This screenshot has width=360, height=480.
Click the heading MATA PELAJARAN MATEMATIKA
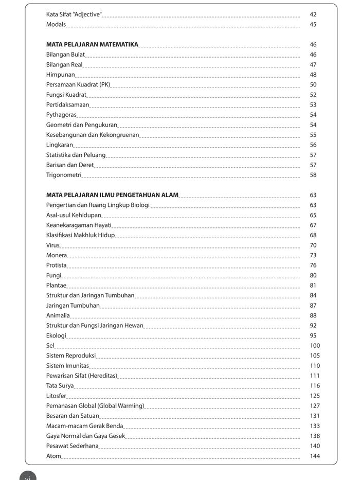click(x=92, y=45)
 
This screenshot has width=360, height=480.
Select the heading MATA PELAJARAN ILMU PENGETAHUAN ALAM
click(x=112, y=195)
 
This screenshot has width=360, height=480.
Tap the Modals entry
click(x=56, y=25)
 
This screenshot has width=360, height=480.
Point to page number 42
click(x=313, y=14)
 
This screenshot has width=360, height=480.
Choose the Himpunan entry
click(x=61, y=75)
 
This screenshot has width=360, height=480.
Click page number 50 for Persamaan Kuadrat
click(x=313, y=85)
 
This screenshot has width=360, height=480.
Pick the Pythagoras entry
click(x=61, y=115)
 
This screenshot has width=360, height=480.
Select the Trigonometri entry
click(x=64, y=175)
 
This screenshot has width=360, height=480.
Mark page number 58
click(x=313, y=175)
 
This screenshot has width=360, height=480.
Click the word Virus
click(x=53, y=245)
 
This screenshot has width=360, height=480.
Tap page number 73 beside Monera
click(x=313, y=255)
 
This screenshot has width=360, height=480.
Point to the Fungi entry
click(x=53, y=275)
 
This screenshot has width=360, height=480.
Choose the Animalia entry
click(x=58, y=315)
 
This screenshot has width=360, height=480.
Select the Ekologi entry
click(x=56, y=335)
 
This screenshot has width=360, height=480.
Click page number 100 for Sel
click(x=315, y=346)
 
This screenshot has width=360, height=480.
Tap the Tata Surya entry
click(x=60, y=386)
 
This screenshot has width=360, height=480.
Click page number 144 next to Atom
click(x=315, y=456)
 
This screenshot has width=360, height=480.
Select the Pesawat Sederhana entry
click(x=73, y=446)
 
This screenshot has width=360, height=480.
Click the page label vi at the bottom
click(x=28, y=477)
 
